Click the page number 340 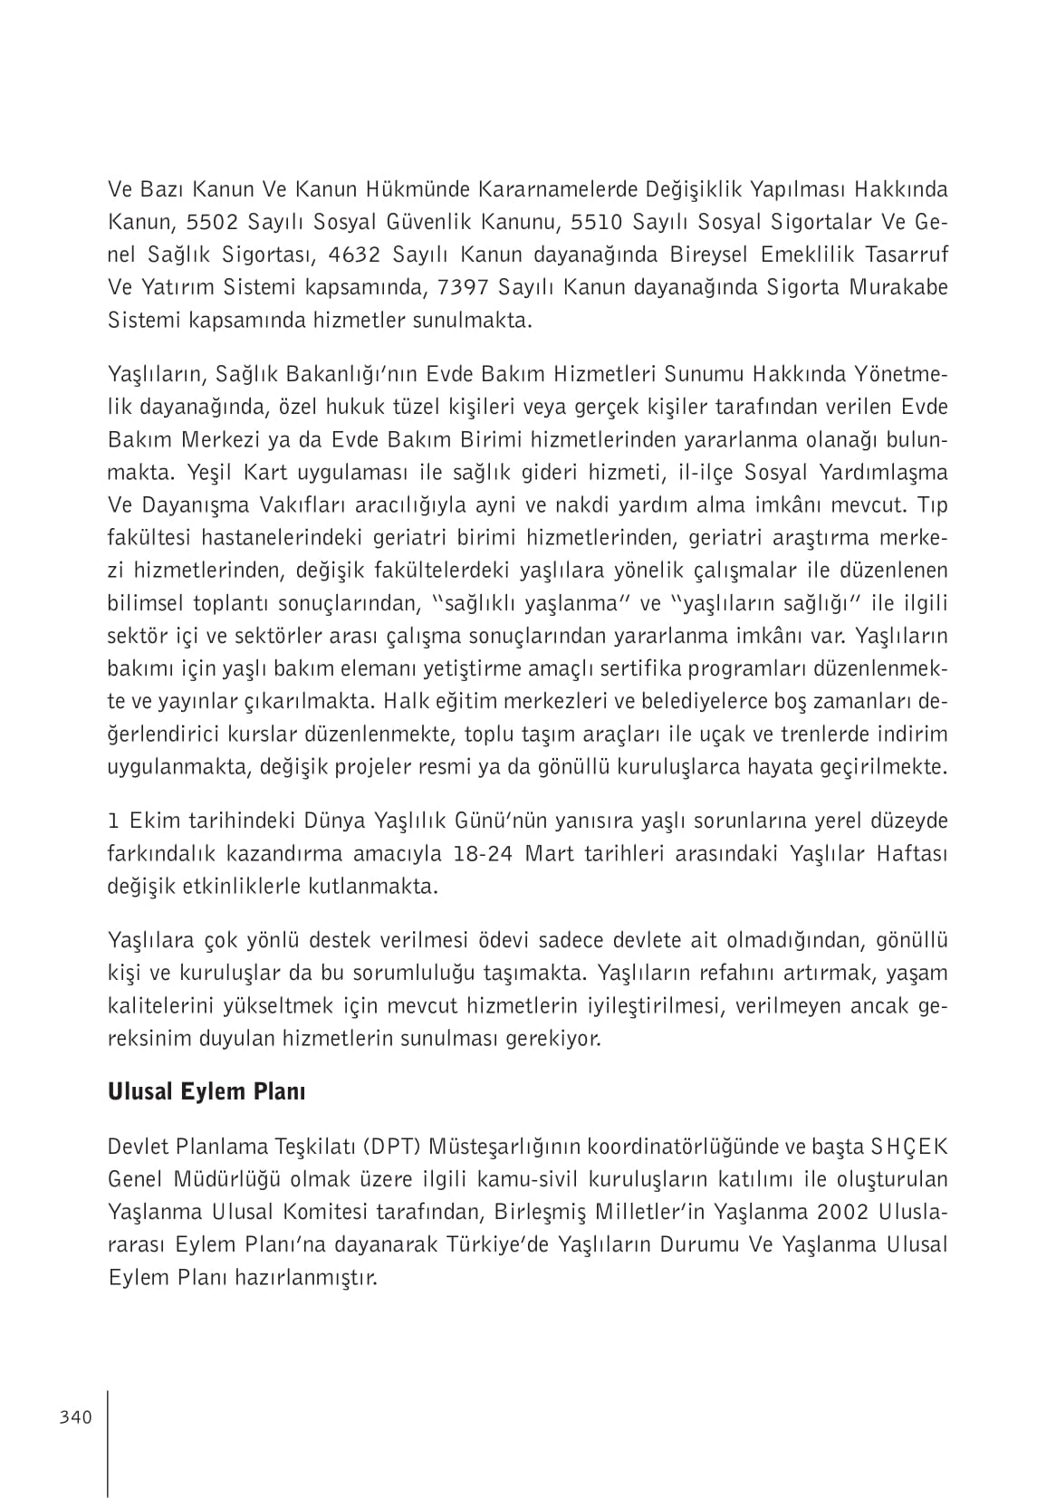tap(76, 1417)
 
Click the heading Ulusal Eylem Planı tap(206, 1091)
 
